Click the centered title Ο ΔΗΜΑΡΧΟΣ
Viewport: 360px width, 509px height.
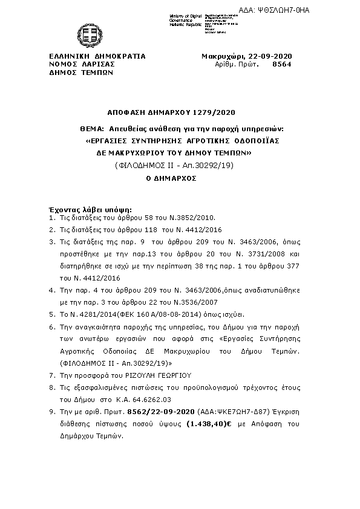click(x=172, y=180)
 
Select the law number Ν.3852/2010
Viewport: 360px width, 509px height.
click(x=189, y=217)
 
